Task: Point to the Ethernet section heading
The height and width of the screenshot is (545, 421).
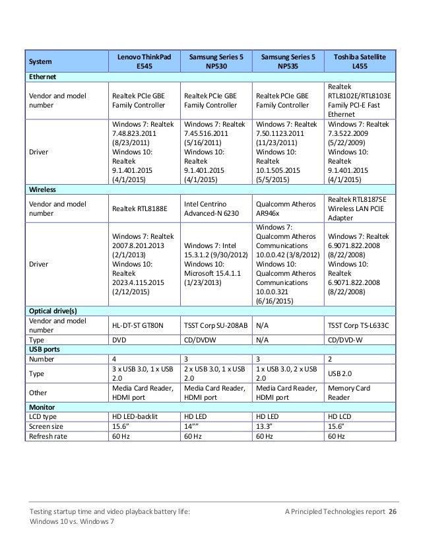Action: (41, 77)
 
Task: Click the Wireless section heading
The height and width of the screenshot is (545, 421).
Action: (41, 189)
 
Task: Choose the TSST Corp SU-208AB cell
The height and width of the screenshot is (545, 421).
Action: (215, 325)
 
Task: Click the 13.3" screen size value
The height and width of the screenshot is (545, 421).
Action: (265, 427)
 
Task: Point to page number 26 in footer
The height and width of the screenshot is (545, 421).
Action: (393, 512)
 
